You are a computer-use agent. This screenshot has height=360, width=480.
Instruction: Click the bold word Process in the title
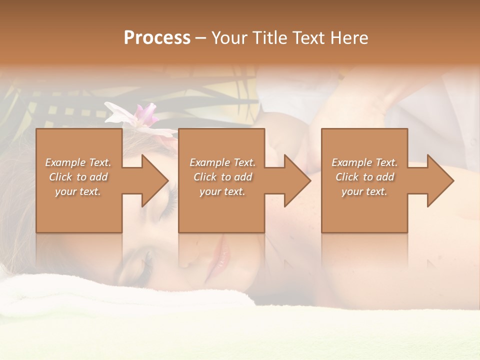coord(157,38)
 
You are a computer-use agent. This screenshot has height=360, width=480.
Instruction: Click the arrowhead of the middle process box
coord(297,180)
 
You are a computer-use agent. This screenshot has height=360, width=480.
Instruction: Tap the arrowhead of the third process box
coord(440,180)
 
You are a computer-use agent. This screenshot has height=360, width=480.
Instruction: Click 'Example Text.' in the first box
coord(78,162)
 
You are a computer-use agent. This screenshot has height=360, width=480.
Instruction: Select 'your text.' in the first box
coord(78,191)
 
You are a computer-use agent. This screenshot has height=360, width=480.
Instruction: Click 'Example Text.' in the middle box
coord(222,162)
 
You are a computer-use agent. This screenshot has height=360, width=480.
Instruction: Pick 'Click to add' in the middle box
coord(222,177)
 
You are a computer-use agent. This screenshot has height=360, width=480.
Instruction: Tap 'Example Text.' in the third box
coord(364,162)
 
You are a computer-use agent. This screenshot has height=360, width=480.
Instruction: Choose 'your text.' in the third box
coord(364,191)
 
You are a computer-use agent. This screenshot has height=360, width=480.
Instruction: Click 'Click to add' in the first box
coord(78,177)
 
